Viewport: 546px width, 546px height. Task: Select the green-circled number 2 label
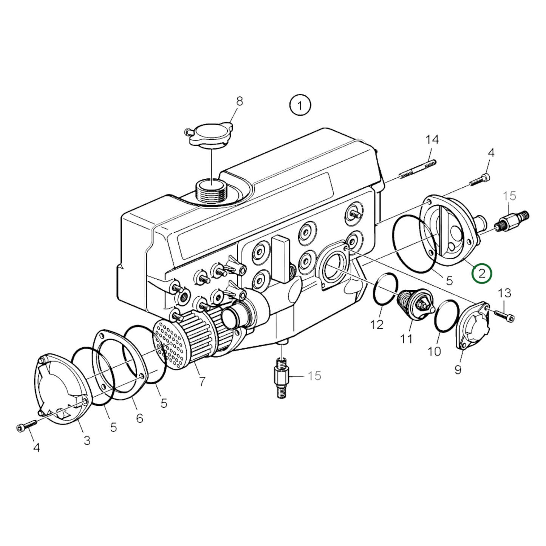click(x=482, y=273)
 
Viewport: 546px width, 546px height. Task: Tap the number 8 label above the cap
click(x=240, y=101)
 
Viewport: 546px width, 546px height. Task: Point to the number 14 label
click(x=432, y=140)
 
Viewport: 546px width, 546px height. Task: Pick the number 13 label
click(x=504, y=293)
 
